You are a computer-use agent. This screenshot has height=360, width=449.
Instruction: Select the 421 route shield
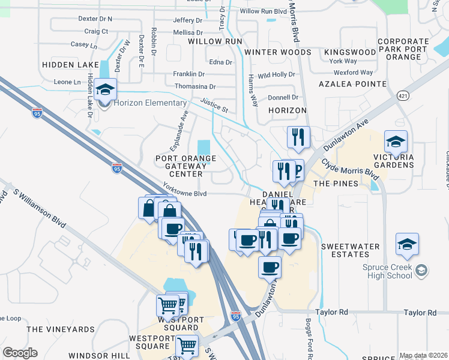pos(402,95)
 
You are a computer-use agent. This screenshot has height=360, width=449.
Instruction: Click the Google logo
pos(20,353)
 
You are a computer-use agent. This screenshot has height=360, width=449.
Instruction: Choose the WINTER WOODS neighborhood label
pos(277,52)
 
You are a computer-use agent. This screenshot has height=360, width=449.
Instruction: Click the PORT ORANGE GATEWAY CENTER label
pos(185,166)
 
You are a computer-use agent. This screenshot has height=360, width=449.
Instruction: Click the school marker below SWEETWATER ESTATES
pos(407,244)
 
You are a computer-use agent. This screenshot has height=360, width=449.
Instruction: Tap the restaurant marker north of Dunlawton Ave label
pos(297,137)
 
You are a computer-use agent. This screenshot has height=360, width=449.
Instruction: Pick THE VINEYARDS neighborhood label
pos(61,329)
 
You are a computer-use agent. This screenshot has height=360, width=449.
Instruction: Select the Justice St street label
pos(214,106)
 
